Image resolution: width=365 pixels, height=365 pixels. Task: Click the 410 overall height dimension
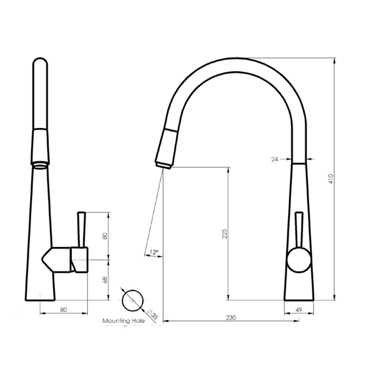pyautogui.click(x=331, y=179)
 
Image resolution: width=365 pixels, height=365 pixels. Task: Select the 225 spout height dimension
pyautogui.click(x=225, y=234)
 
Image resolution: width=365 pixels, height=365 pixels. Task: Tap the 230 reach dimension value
pyautogui.click(x=231, y=318)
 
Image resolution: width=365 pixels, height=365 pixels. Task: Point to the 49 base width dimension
pyautogui.click(x=299, y=310)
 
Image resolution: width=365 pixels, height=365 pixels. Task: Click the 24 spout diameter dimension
pyautogui.click(x=275, y=159)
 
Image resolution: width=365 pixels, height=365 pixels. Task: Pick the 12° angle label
pyautogui.click(x=154, y=252)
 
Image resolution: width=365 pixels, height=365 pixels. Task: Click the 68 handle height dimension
pyautogui.click(x=105, y=279)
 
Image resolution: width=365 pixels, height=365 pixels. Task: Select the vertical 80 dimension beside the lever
pyautogui.click(x=105, y=236)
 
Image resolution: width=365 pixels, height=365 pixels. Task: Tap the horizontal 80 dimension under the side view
pyautogui.click(x=63, y=310)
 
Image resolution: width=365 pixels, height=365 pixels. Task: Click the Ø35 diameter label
pyautogui.click(x=153, y=314)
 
